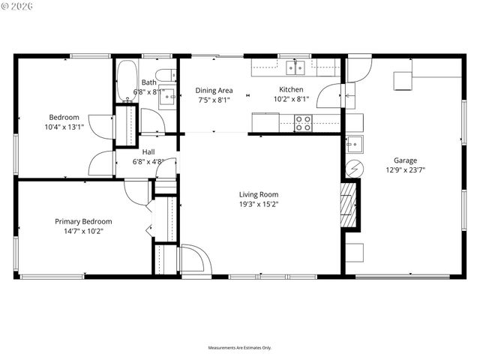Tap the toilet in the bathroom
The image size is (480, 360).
pyautogui.click(x=172, y=75)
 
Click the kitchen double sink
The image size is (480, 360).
pyautogui.click(x=296, y=69)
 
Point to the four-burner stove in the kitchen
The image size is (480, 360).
pyautogui.click(x=303, y=123)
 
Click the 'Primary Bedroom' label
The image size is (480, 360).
pyautogui.click(x=83, y=221)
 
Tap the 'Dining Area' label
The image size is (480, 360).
pyautogui.click(x=214, y=90)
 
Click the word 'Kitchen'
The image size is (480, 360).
pyautogui.click(x=291, y=90)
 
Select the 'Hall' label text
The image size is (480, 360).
pyautogui.click(x=148, y=151)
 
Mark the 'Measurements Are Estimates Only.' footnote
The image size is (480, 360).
pyautogui.click(x=239, y=348)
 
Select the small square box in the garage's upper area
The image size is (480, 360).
pyautogui.click(x=403, y=80)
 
